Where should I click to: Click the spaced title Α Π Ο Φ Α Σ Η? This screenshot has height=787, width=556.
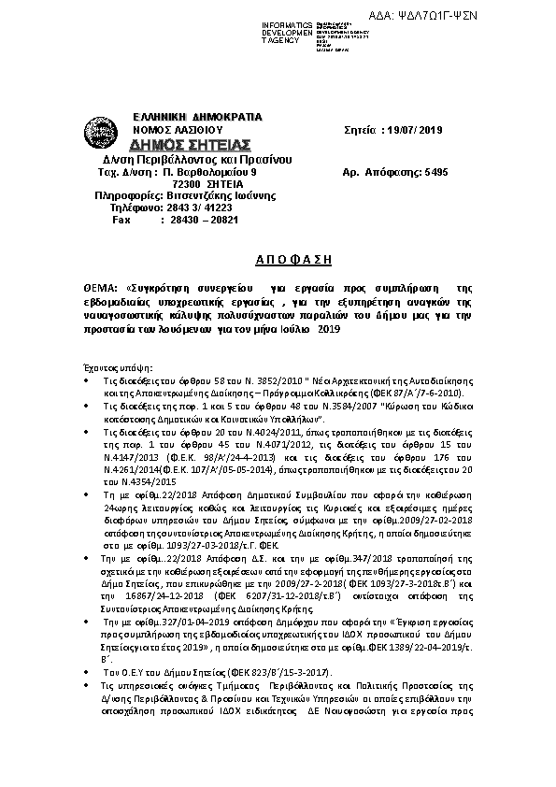tap(279, 257)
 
